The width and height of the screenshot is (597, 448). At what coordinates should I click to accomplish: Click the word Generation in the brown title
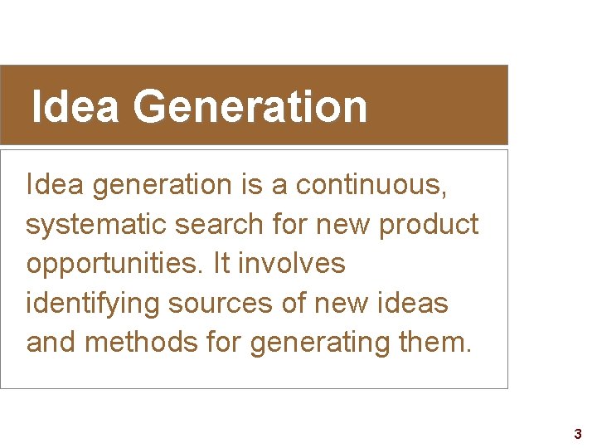(249, 107)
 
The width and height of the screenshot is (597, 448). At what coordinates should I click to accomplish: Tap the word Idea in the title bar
(75, 107)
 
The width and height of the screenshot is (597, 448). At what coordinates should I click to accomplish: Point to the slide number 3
(578, 434)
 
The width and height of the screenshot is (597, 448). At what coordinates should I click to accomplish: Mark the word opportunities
(115, 264)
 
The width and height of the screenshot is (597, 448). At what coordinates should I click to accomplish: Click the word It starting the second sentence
(221, 264)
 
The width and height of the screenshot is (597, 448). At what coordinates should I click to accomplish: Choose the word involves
(291, 264)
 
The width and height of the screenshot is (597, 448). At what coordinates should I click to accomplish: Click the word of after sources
(294, 304)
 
